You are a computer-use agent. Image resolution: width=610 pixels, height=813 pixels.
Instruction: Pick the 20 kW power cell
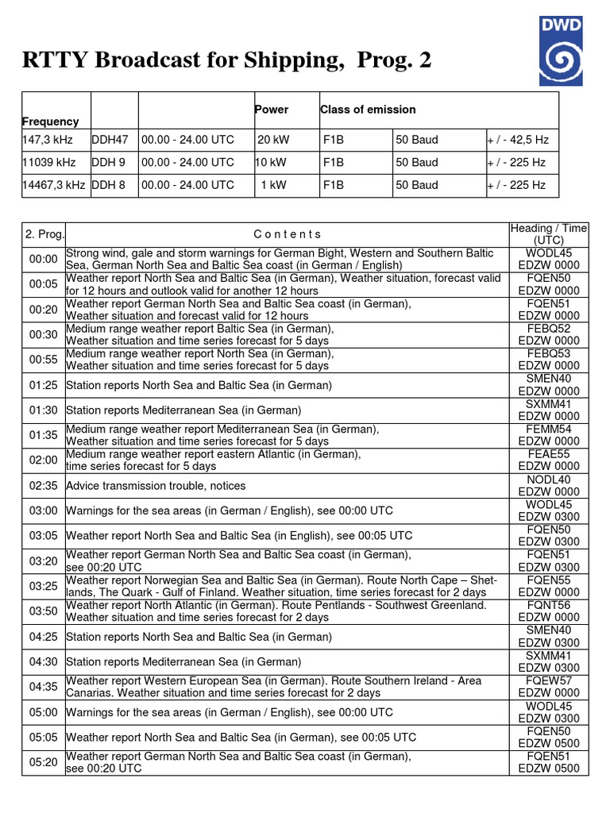tap(274, 140)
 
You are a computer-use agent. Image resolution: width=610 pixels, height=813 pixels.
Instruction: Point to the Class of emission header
tap(368, 110)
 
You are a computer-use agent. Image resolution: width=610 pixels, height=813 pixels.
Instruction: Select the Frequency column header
tap(51, 121)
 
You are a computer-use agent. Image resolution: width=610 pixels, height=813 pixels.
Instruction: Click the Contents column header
tap(288, 234)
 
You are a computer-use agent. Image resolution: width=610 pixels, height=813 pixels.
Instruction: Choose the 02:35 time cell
tap(43, 485)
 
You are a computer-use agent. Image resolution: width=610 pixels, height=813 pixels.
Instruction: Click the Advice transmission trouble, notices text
tap(156, 485)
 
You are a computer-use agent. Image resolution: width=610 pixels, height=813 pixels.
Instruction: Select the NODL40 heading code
tap(548, 480)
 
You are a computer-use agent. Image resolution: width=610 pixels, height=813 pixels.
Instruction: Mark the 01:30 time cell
tap(43, 410)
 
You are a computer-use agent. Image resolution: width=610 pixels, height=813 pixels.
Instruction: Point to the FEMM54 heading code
tap(548, 430)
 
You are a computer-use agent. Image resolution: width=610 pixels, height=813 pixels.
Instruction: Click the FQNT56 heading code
tap(548, 605)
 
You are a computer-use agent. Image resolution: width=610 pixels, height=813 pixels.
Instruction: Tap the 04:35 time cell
tap(43, 687)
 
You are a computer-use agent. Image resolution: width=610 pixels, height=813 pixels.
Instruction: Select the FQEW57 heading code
tap(548, 680)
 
